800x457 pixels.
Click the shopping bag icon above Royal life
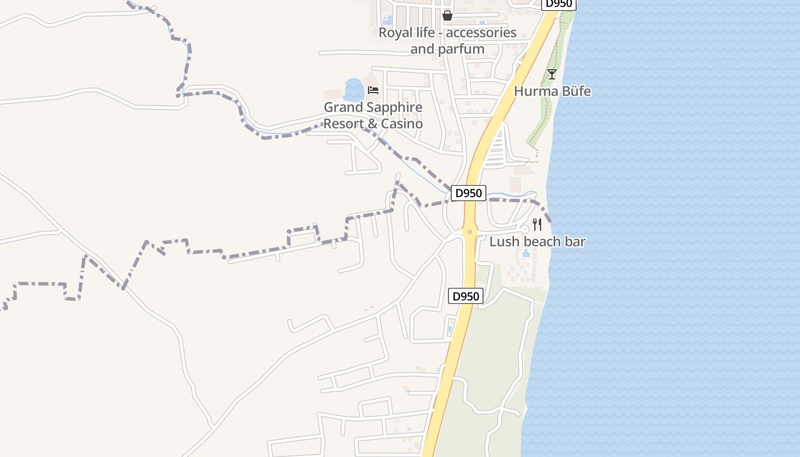click(447, 15)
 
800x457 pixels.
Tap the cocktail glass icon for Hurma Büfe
click(551, 74)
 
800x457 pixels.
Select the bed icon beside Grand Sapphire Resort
click(373, 90)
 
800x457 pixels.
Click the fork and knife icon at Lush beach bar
click(537, 224)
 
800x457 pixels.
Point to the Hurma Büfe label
click(552, 91)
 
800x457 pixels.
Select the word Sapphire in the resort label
click(394, 107)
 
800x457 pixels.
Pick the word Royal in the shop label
click(395, 33)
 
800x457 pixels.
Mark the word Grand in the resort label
click(342, 107)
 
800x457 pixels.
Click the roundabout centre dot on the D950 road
click(470, 231)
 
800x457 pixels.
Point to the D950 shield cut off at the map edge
click(558, 4)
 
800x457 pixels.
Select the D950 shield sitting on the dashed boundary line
click(468, 193)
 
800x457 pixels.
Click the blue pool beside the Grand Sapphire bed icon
click(354, 90)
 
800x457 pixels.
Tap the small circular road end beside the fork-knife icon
click(525, 229)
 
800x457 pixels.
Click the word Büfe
click(575, 91)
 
